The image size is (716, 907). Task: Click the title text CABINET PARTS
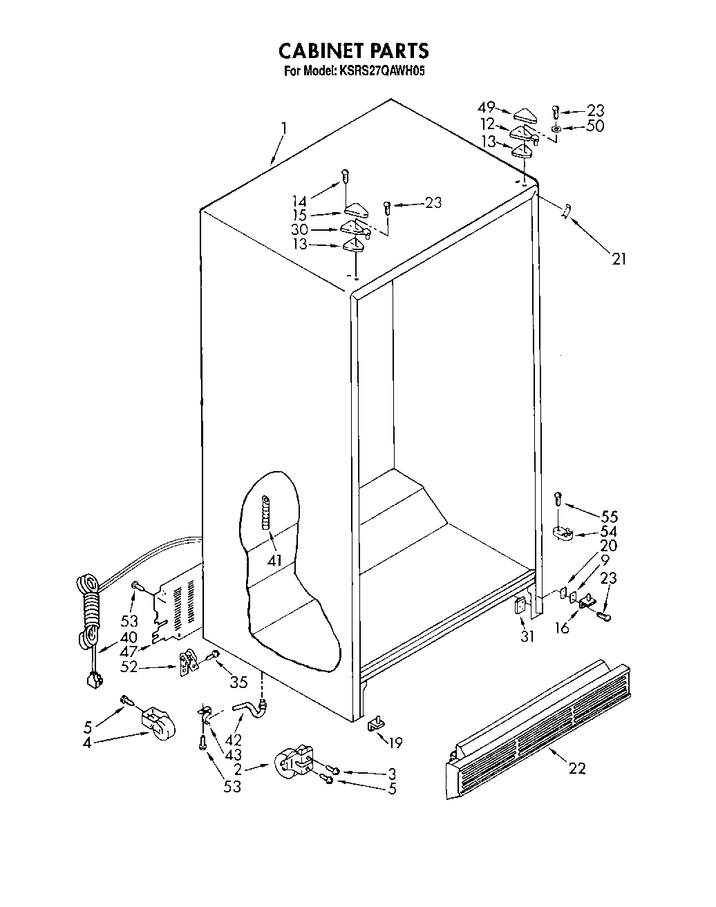click(x=353, y=50)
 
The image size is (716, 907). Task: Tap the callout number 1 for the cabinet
click(x=283, y=129)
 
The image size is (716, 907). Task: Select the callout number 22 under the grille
click(x=576, y=767)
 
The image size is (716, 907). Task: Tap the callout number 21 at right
click(x=619, y=259)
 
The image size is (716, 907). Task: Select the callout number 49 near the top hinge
click(x=487, y=107)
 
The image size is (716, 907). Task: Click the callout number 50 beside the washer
click(x=594, y=126)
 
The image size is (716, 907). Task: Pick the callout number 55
click(x=609, y=517)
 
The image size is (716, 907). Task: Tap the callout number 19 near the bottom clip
click(x=395, y=743)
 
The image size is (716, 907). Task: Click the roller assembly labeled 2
click(x=292, y=763)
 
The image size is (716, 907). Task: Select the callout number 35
click(x=238, y=683)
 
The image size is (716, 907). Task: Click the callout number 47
click(x=129, y=652)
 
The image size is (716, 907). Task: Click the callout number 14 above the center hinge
click(x=300, y=201)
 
